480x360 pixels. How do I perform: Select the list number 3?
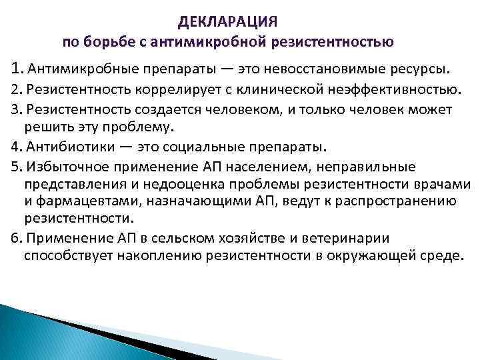16,109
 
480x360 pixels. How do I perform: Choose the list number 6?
16,239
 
